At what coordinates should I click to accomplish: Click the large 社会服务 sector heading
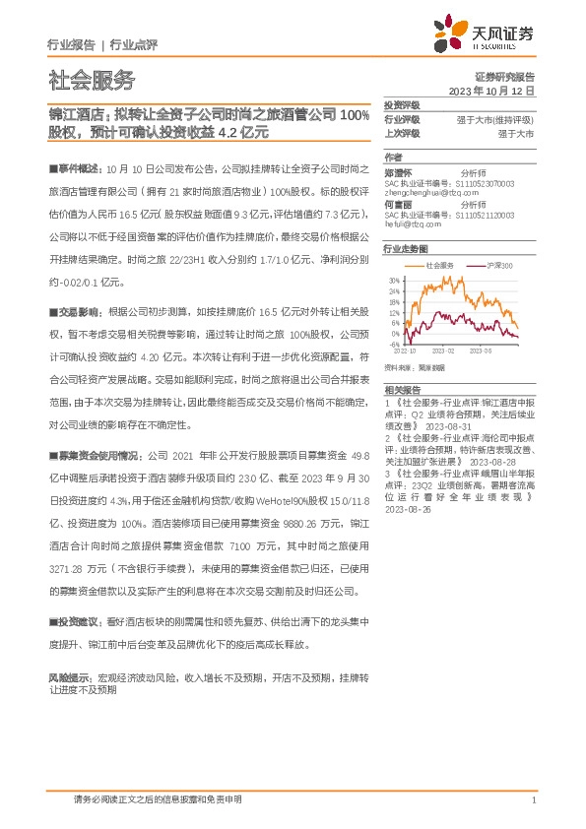click(x=92, y=81)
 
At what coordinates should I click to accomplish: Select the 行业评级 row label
click(x=402, y=118)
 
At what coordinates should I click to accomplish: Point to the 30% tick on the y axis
click(x=393, y=280)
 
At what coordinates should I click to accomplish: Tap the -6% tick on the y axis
click(x=394, y=347)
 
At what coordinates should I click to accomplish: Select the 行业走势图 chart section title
click(x=406, y=249)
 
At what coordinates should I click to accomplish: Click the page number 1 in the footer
click(x=532, y=800)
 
